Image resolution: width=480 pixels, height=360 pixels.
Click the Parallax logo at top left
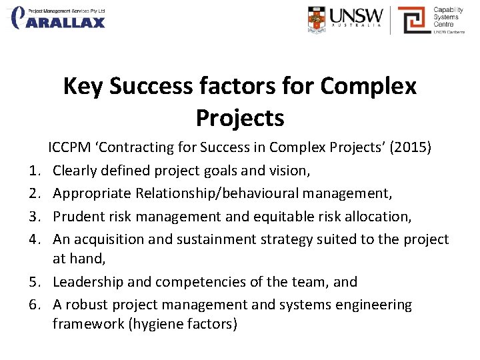(59, 19)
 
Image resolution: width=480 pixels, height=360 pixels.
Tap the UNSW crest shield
(317, 19)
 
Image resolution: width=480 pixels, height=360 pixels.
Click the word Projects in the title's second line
(240, 117)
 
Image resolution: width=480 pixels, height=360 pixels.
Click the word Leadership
(86, 282)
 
